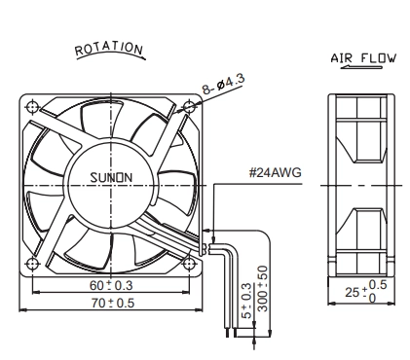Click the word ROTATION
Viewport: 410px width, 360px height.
click(109, 49)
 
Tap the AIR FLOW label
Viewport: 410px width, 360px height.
click(363, 58)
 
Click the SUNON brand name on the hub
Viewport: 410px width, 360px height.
click(111, 178)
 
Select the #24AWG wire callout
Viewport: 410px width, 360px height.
click(276, 172)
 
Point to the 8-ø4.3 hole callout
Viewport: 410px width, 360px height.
click(224, 84)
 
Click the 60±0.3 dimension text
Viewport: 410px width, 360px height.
click(111, 285)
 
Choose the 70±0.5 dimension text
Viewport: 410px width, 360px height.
click(112, 303)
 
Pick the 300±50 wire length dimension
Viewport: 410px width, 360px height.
click(263, 289)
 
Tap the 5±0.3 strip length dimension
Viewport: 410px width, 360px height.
click(246, 301)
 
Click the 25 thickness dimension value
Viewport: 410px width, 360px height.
click(352, 293)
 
